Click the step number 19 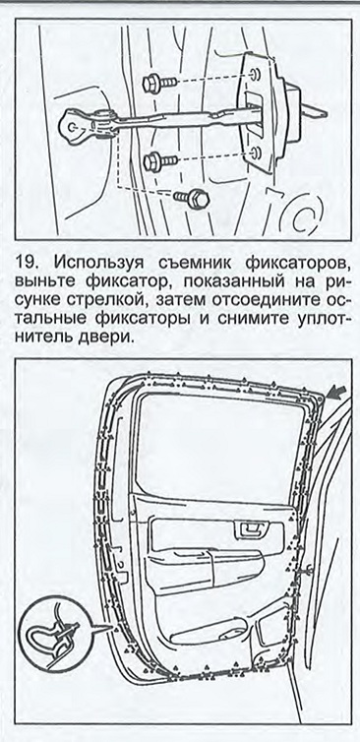tap(26, 262)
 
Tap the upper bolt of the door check tap(159, 84)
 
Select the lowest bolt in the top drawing tap(192, 198)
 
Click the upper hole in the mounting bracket tap(255, 74)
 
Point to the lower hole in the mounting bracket tap(256, 152)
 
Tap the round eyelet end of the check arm tap(75, 127)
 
